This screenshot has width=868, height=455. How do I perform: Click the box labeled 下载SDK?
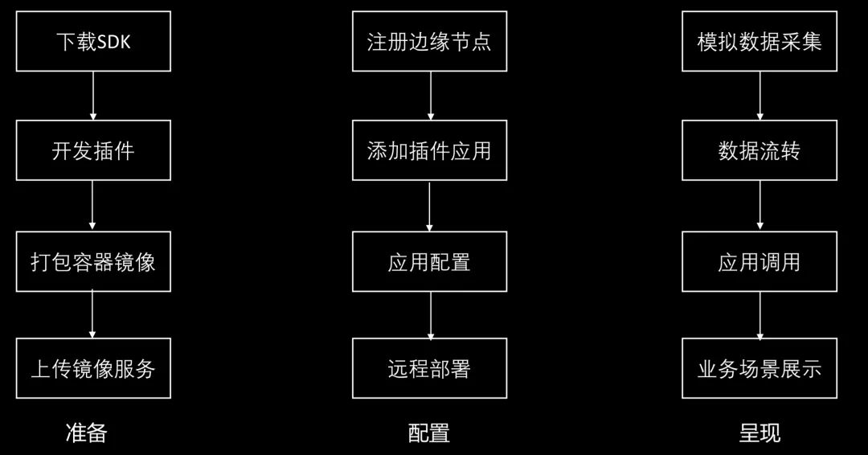point(93,42)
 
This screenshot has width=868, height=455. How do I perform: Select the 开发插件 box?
point(93,150)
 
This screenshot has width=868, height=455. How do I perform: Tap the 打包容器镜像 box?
point(93,261)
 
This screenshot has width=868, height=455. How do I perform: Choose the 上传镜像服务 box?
point(93,368)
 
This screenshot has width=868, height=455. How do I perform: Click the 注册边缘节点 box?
point(429,42)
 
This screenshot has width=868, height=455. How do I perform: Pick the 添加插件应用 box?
point(429,150)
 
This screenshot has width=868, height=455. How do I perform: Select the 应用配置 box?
point(429,261)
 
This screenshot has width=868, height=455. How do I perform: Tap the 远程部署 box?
point(429,368)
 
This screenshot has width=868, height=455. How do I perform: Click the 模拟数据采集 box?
point(759,42)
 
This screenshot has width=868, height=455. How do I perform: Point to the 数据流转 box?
point(759,150)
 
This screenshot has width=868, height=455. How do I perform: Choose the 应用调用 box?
point(759,261)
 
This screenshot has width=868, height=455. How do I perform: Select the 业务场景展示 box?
point(759,368)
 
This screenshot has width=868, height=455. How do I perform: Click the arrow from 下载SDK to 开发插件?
point(93,96)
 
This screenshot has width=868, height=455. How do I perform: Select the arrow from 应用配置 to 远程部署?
point(431,315)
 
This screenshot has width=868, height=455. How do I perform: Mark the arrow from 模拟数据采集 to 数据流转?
point(760,96)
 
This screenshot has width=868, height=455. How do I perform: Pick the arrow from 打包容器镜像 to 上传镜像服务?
point(92,315)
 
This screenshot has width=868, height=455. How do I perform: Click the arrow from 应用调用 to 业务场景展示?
point(760,315)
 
